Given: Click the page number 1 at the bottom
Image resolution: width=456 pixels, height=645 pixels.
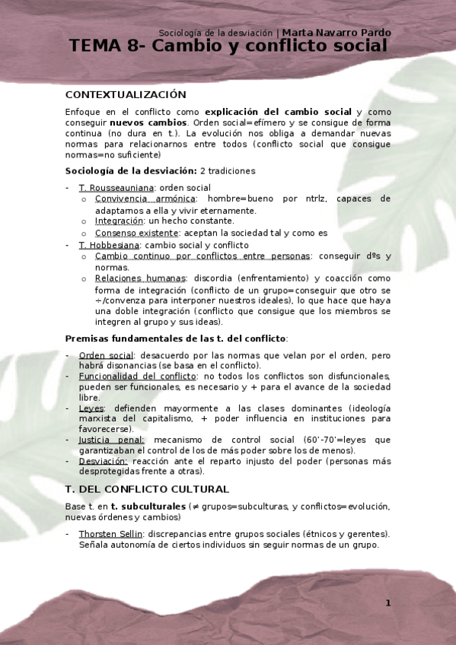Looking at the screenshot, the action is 387,603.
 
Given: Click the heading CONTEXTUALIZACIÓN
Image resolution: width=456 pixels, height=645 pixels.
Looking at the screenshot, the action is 126,95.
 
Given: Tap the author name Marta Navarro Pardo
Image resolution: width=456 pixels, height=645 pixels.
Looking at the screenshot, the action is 336,33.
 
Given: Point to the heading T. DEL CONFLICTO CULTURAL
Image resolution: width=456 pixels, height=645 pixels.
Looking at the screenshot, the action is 147,489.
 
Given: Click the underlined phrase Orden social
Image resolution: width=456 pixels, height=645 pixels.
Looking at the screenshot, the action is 106,355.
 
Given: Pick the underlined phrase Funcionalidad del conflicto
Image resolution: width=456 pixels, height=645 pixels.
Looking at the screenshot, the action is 138,377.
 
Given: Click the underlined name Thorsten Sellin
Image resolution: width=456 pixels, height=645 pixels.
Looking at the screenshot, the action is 110,534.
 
